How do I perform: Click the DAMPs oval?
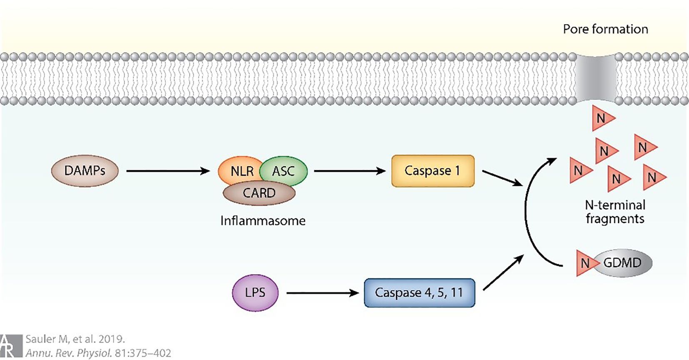coord(85,171)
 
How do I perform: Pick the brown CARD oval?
coord(259,193)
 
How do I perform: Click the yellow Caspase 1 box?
coord(432,171)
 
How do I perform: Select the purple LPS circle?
coord(255,292)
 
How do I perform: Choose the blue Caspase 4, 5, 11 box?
coord(419,292)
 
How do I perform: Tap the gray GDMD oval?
coord(625,263)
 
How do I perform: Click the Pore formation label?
coord(605,29)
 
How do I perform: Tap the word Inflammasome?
coord(263,220)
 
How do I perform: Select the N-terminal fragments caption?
coord(615,212)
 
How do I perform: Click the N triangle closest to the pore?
coord(602,118)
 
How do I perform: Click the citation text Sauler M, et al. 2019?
coord(75,339)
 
